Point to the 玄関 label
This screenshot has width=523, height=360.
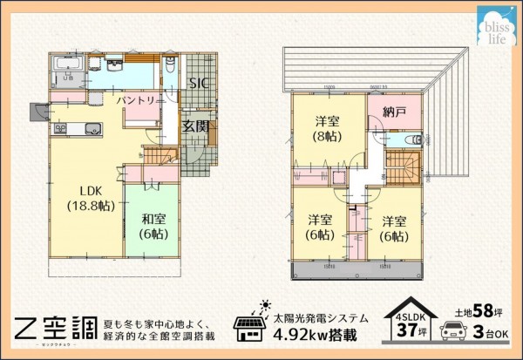pos(195,126)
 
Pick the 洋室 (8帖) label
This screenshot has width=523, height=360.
pos(328,128)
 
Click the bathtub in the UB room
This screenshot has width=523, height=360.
pos(66,68)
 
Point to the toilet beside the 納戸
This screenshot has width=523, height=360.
pos(414,139)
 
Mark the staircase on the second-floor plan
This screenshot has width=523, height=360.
pos(403,166)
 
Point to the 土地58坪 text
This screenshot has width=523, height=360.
pos(478,310)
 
